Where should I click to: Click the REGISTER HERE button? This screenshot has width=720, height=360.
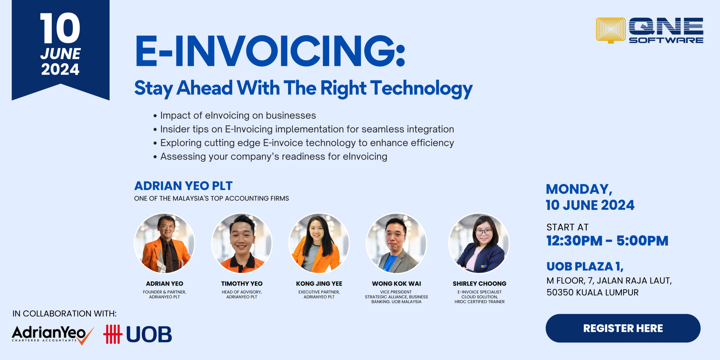623,328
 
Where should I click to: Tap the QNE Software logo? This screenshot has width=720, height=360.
650,30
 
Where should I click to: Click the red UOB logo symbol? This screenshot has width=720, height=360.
113,334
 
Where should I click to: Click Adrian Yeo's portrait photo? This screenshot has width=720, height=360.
165,243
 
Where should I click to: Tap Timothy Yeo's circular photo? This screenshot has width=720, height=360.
242,243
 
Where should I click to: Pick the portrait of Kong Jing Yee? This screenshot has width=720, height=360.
319,243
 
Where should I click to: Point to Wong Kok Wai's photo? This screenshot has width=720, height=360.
397,243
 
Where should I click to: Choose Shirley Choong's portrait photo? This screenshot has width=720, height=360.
479,243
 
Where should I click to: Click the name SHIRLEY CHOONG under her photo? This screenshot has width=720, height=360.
480,283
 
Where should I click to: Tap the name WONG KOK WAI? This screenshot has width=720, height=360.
397,283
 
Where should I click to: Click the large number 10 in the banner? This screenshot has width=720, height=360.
60,28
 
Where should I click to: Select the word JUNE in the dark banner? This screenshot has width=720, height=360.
60,54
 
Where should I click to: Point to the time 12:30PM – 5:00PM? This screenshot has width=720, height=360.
607,241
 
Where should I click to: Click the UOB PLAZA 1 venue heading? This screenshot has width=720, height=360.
585,266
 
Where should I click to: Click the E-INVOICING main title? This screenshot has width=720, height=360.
270,51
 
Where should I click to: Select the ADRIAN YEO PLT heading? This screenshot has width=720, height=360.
183,186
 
